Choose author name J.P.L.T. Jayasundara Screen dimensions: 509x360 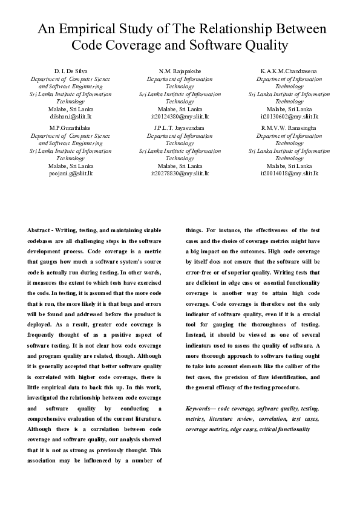click(x=180, y=129)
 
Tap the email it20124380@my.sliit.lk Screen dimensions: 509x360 click(x=180, y=116)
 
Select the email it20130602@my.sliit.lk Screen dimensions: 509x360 click(x=289, y=116)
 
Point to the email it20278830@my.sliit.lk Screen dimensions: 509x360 click(x=180, y=173)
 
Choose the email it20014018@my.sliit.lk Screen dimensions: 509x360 click(x=289, y=173)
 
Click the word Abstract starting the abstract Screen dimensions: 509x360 click(x=39, y=230)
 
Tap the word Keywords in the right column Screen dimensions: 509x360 click(x=199, y=409)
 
